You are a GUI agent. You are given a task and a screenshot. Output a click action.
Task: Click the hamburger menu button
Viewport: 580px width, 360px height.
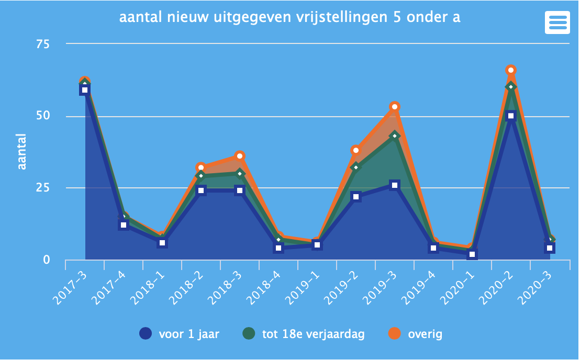(x=557, y=22)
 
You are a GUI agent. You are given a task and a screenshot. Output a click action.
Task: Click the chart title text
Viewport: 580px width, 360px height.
(x=289, y=17)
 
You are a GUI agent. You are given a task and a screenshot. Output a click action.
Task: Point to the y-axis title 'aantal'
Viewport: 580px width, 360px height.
(x=21, y=152)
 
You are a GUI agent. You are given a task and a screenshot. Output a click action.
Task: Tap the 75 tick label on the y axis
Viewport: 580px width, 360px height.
(x=42, y=44)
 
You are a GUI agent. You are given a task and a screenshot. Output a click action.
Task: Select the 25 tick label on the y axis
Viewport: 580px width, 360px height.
(x=42, y=188)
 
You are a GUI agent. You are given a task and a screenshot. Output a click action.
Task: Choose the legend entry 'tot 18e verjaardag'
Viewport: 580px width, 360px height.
(x=304, y=334)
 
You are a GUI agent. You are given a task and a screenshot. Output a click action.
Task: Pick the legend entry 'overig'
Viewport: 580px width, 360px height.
(x=417, y=334)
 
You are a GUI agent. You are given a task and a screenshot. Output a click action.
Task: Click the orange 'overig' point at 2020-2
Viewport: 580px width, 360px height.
(x=511, y=70)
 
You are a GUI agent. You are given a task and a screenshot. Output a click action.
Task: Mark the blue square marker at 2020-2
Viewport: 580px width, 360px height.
(x=511, y=116)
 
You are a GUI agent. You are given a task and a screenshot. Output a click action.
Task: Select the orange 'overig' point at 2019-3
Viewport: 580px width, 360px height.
(x=395, y=107)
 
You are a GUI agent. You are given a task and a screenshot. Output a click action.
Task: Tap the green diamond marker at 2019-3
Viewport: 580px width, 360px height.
(x=395, y=136)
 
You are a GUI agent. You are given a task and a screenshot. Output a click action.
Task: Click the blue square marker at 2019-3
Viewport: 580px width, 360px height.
(x=395, y=185)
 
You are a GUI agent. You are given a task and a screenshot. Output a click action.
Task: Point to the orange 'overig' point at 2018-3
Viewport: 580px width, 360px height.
(x=240, y=156)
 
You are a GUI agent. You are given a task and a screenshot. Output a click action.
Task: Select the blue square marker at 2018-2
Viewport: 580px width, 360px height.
(x=201, y=190)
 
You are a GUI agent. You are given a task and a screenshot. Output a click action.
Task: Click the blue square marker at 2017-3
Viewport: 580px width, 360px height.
(x=85, y=90)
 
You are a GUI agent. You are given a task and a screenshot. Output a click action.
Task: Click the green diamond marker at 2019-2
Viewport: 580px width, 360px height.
(x=356, y=167)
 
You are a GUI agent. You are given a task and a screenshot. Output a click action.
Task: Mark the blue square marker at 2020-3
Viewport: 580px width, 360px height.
(x=549, y=248)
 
